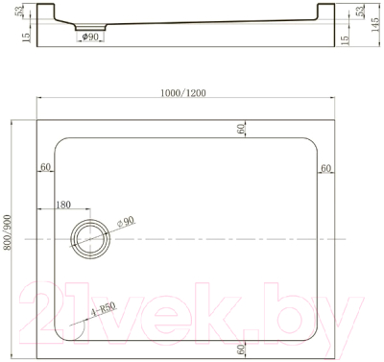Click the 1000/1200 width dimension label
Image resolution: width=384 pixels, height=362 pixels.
183,93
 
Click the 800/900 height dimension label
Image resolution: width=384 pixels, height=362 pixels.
7,233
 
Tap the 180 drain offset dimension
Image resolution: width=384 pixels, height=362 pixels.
63,205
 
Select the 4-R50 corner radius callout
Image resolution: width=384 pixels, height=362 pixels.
103,310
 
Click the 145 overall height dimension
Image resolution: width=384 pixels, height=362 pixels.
375,23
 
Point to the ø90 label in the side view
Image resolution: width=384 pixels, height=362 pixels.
90,36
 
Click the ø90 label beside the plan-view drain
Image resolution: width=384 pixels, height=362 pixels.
125,222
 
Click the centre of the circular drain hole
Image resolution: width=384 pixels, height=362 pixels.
90,239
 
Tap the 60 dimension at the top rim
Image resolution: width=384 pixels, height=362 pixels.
242,129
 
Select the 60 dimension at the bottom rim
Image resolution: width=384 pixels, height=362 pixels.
242,349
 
